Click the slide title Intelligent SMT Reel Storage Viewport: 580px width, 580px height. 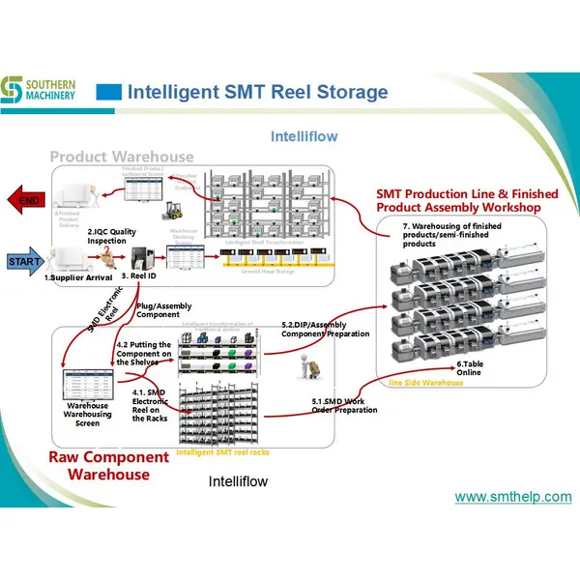257,93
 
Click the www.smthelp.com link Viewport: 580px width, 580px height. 512,497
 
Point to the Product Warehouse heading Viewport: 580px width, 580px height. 122,157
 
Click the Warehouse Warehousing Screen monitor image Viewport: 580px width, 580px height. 86,386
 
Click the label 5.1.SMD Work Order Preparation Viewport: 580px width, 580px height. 344,405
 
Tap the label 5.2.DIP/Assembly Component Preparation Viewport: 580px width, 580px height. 325,329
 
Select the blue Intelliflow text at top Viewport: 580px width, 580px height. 304,136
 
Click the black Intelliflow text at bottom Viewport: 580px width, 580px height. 238,480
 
